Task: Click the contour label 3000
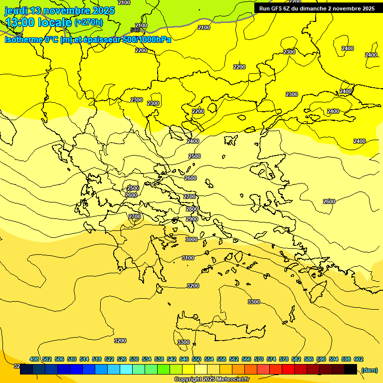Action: tap(191, 239)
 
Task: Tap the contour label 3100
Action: tap(188, 258)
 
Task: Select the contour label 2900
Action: tap(192, 219)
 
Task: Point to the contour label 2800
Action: tap(192, 209)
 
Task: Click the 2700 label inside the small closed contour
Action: tap(135, 216)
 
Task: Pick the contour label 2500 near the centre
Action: tap(194, 156)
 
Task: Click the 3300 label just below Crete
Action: tap(184, 342)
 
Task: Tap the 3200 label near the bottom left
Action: tap(120, 341)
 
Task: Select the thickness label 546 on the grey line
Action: tap(135, 30)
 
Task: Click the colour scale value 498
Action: tap(34, 359)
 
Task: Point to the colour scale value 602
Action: tap(359, 359)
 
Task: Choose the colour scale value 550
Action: tap(196, 359)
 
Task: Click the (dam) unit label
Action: tap(369, 370)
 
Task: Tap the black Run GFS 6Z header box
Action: tap(317, 8)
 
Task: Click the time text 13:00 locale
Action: tap(38, 22)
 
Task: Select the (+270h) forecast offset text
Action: tap(89, 22)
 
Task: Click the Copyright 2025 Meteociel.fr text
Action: tap(211, 379)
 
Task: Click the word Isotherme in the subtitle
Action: tap(23, 39)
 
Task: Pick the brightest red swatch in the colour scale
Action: tap(288, 369)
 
